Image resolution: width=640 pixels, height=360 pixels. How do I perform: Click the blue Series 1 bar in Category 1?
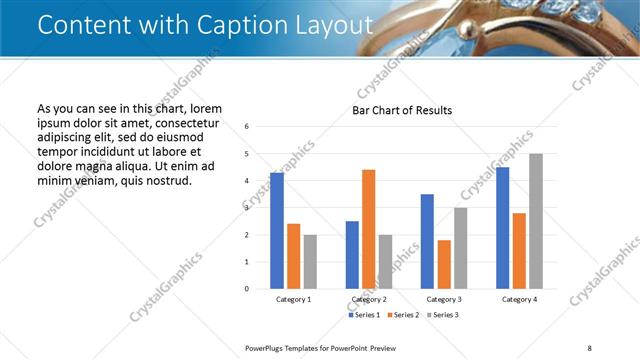[277, 231]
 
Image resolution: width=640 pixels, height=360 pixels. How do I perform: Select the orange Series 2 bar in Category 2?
[368, 229]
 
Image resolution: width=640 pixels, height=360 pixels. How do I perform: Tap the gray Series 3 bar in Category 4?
[536, 221]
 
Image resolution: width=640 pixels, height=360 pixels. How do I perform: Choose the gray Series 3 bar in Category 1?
[310, 262]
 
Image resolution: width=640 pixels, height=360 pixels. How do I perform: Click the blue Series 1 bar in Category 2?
[352, 255]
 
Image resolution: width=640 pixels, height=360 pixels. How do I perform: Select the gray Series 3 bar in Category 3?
[460, 248]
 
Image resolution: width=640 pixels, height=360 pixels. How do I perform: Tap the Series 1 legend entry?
[365, 315]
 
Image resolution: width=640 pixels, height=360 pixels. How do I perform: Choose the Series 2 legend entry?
[403, 315]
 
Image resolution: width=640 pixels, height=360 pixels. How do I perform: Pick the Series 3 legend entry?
[441, 315]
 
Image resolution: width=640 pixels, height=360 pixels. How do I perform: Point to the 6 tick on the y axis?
[247, 127]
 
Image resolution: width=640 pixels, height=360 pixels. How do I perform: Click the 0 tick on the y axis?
[247, 289]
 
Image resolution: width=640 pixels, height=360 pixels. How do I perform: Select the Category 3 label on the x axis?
[444, 299]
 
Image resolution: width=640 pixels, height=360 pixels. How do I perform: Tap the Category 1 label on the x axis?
[293, 299]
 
